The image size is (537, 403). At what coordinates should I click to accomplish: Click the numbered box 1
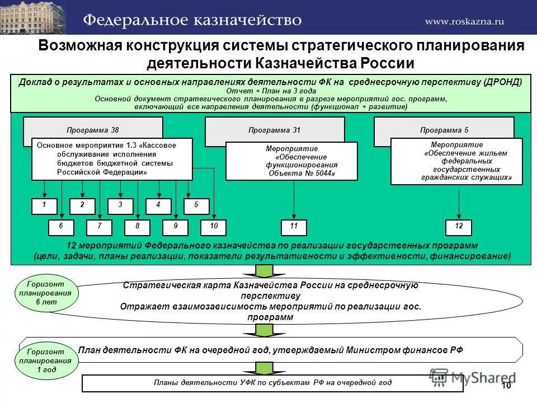click(x=44, y=205)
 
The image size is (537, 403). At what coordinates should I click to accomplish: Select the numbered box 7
click(x=100, y=227)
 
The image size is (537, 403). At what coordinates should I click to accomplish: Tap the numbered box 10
click(x=214, y=227)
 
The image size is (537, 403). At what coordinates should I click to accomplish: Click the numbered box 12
click(x=459, y=227)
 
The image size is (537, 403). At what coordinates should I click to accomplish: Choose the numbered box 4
click(x=159, y=205)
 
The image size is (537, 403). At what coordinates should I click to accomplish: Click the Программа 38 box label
click(x=93, y=130)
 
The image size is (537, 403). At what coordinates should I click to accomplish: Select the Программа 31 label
click(x=275, y=130)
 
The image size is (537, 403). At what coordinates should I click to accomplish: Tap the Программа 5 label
click(x=444, y=130)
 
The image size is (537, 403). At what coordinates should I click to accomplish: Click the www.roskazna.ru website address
click(x=464, y=21)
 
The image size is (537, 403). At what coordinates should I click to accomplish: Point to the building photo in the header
click(x=32, y=17)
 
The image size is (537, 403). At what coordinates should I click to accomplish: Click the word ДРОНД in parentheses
click(x=502, y=82)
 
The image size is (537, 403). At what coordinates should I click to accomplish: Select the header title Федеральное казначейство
click(x=192, y=20)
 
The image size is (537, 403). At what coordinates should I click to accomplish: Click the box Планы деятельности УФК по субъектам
click(x=272, y=383)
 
